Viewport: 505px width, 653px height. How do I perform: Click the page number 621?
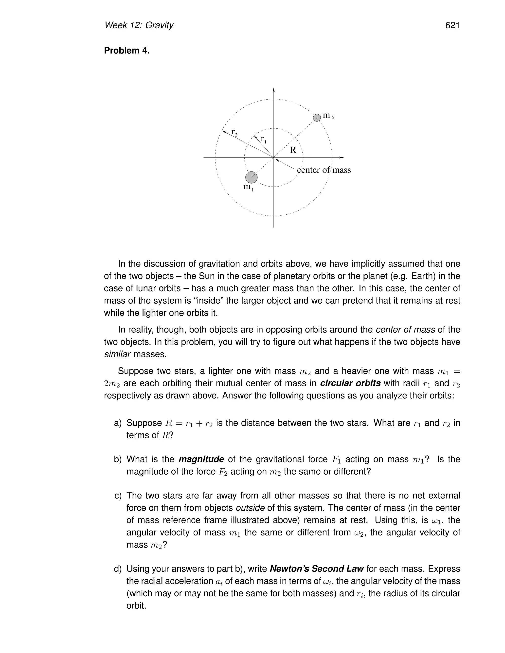(x=452, y=25)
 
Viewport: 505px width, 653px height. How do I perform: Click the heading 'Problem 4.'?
(x=126, y=51)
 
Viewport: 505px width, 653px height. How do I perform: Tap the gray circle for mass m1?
(x=251, y=177)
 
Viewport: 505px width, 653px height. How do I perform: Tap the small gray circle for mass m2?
(x=317, y=118)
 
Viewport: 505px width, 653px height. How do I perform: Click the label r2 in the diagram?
(x=234, y=132)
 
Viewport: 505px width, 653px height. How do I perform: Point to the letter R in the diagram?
(x=293, y=150)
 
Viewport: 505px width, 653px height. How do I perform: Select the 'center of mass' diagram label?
(x=324, y=170)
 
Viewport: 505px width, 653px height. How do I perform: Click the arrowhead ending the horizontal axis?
(x=342, y=157)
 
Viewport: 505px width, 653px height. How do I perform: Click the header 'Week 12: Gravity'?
(x=139, y=25)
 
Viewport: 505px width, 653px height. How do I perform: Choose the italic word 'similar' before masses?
(x=117, y=355)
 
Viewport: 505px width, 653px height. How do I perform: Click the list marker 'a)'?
(x=118, y=423)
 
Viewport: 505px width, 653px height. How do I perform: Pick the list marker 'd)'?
(x=118, y=569)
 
